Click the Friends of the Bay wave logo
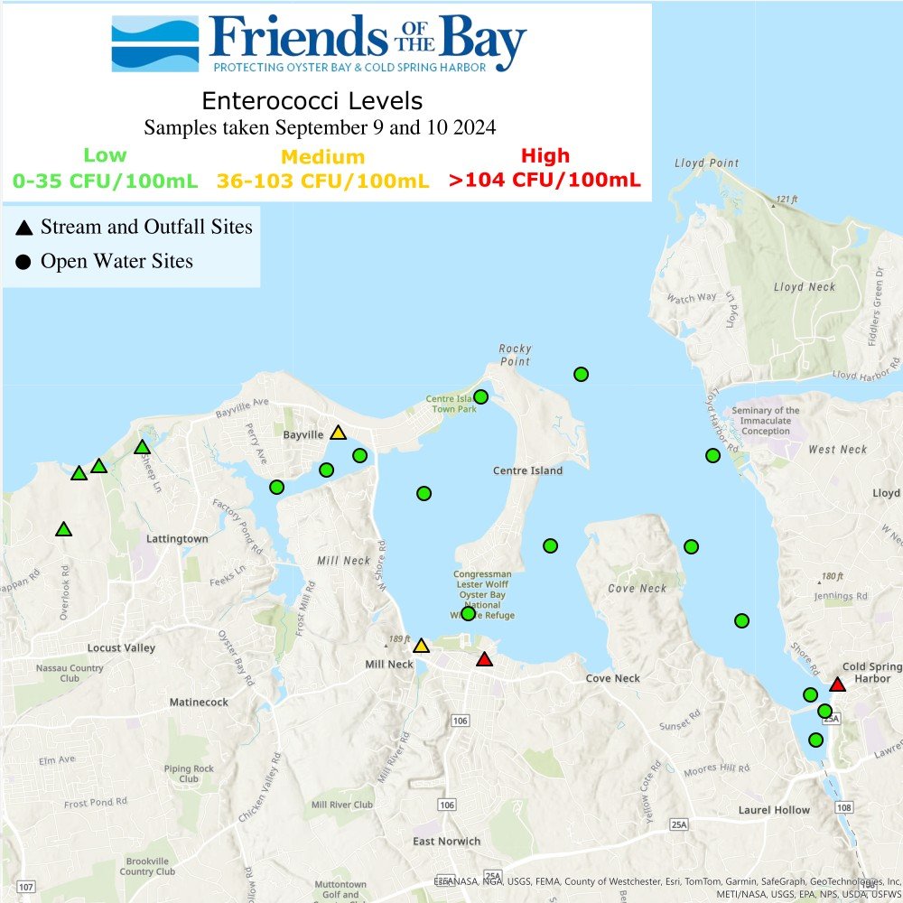[154, 43]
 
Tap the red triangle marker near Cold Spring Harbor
[837, 685]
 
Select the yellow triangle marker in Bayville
[338, 433]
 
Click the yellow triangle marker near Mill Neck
[421, 646]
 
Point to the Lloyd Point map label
[706, 163]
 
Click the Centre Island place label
[527, 470]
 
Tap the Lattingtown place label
[177, 539]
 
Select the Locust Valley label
[121, 648]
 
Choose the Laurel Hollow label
[774, 810]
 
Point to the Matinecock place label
[199, 702]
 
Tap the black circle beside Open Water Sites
[23, 263]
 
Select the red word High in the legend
[545, 155]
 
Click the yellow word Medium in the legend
[322, 157]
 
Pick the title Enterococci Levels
[312, 99]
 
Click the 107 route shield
[25, 889]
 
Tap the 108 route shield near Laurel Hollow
[844, 807]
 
